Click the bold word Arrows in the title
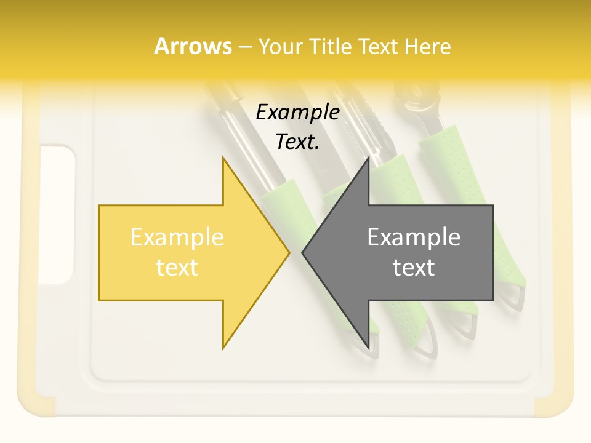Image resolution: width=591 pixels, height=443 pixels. pyautogui.click(x=193, y=46)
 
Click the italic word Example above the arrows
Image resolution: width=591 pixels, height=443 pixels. pyautogui.click(x=297, y=112)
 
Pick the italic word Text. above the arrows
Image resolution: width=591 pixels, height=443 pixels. pyautogui.click(x=297, y=142)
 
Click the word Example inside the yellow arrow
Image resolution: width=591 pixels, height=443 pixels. pyautogui.click(x=177, y=237)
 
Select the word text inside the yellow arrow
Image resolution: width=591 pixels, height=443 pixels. pyautogui.click(x=177, y=267)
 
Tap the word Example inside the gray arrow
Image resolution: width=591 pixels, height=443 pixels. pyautogui.click(x=414, y=237)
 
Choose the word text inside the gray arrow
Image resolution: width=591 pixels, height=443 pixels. pyautogui.click(x=414, y=267)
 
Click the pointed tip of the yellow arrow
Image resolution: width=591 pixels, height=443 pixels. pyautogui.click(x=289, y=252)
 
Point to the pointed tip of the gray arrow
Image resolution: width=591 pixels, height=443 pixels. pyautogui.click(x=302, y=252)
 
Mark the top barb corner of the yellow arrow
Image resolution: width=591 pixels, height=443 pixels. pyautogui.click(x=223, y=158)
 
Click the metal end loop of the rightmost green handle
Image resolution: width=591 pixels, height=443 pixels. pyautogui.click(x=515, y=297)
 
